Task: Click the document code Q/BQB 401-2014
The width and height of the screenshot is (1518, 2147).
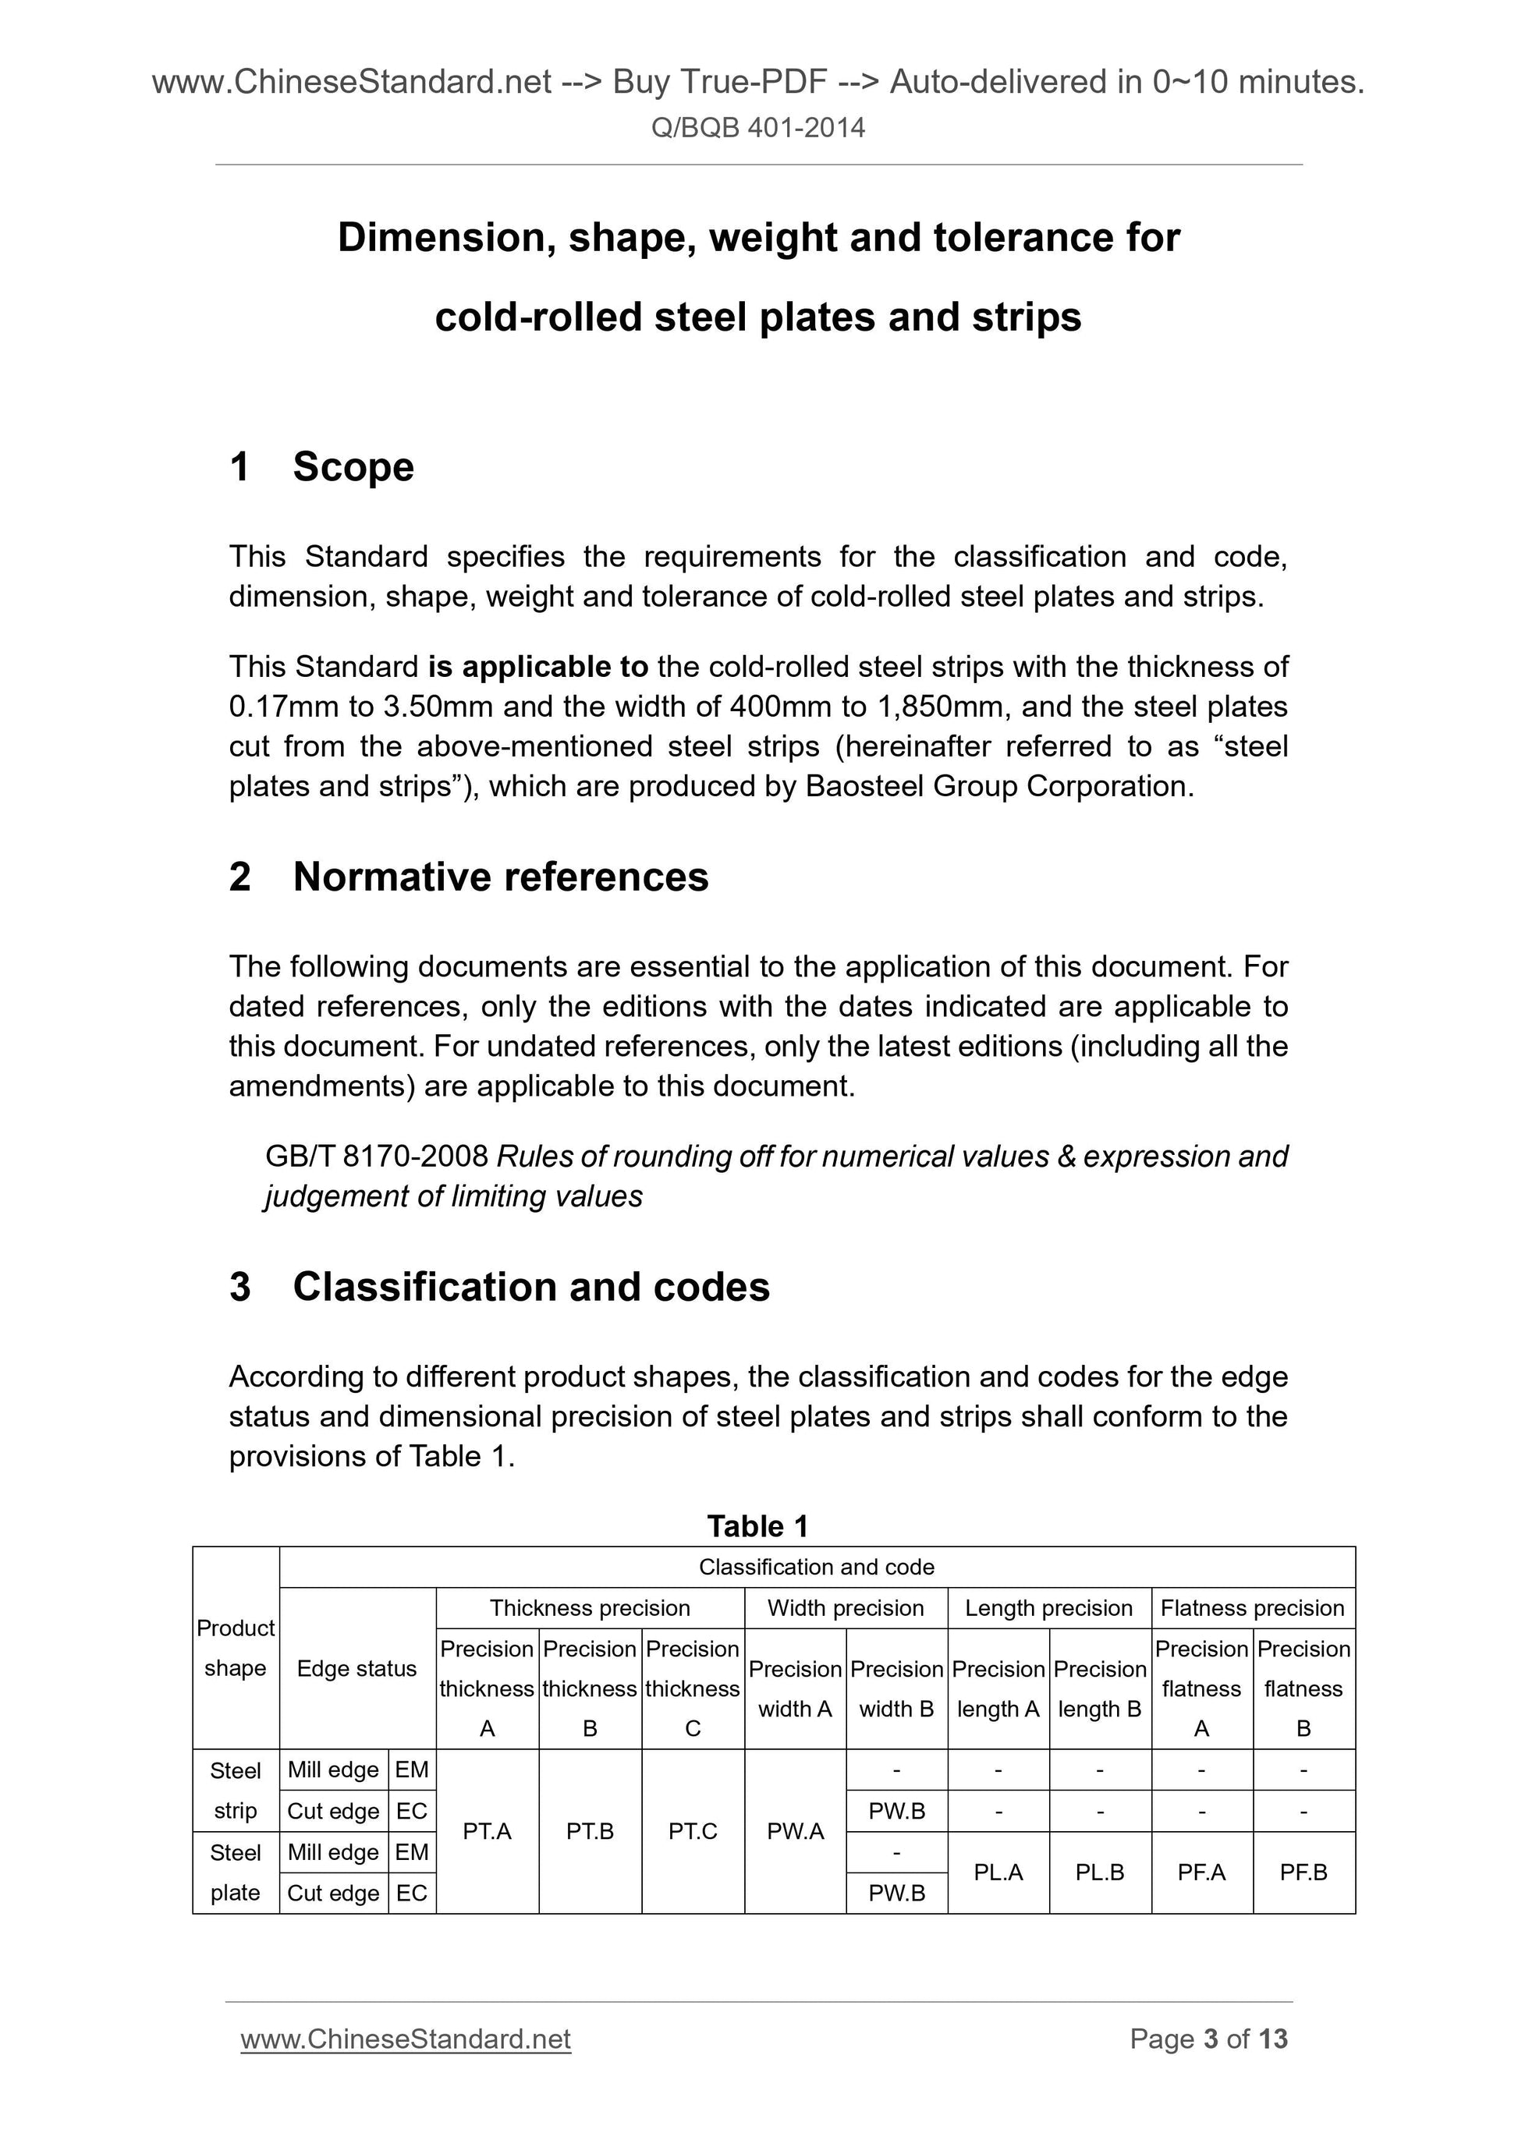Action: click(757, 128)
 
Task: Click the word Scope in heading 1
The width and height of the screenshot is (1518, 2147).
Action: click(353, 466)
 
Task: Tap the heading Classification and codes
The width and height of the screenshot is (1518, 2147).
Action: click(530, 1287)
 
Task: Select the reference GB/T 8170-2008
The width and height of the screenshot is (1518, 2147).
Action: click(377, 1157)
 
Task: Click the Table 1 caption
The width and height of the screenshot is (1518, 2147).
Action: click(757, 1526)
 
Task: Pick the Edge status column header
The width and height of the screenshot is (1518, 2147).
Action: click(356, 1668)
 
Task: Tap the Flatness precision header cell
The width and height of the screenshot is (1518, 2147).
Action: click(1251, 1607)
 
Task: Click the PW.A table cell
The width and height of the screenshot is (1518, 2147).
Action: click(795, 1831)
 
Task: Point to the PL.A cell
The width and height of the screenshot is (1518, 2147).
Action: click(998, 1872)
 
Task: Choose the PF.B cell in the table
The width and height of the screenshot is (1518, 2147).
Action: click(1303, 1872)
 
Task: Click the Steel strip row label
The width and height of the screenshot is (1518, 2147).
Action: click(235, 1790)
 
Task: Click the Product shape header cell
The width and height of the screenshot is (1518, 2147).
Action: click(235, 1648)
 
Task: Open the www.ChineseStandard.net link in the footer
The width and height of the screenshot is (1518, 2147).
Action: click(405, 2039)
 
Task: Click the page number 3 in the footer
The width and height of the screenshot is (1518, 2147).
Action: click(1211, 2039)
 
